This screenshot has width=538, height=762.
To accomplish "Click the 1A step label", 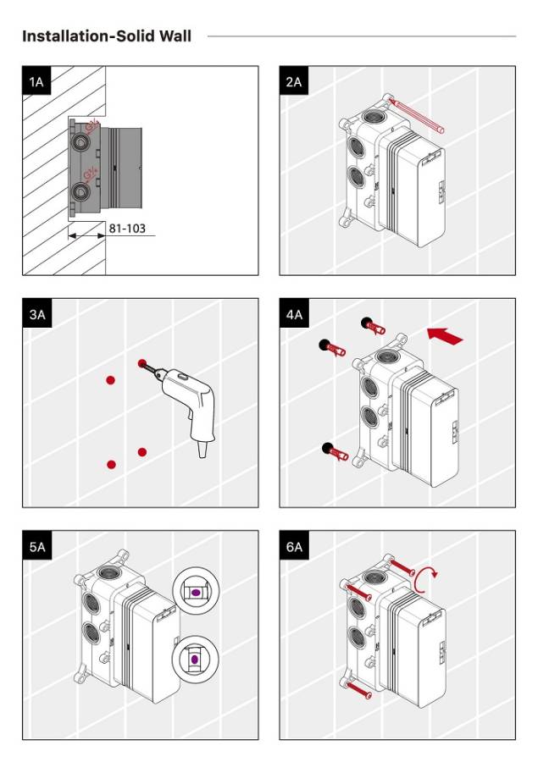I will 36,81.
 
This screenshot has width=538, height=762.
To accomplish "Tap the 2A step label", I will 293,81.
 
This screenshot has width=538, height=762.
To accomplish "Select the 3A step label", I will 36,314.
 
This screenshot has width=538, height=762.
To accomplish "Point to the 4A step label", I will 293,314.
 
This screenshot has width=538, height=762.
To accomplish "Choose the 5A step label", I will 36,547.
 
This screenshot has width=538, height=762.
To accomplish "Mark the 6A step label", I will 293,547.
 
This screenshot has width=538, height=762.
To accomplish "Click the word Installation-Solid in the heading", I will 82,36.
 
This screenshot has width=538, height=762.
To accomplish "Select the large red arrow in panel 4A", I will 446,335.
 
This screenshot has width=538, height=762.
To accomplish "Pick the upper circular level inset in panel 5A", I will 194,593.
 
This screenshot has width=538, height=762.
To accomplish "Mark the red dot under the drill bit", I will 142,363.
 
